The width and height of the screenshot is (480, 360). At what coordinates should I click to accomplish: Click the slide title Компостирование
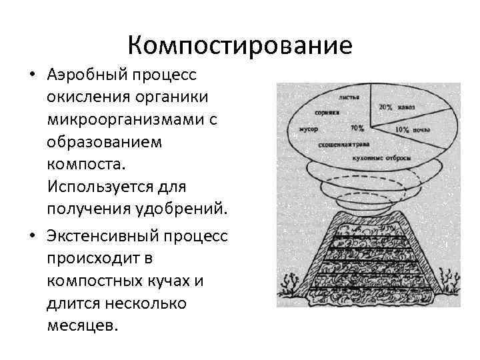point(240,46)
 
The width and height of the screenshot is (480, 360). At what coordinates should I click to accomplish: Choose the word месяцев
point(82,327)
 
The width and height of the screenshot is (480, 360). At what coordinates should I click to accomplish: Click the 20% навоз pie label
point(395,106)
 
